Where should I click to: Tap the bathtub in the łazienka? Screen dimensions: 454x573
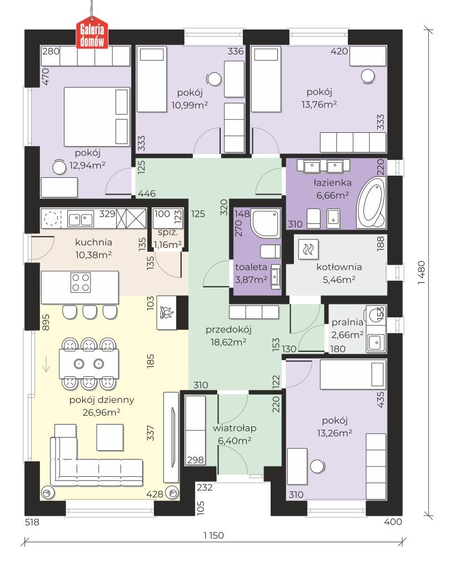[x=371, y=202]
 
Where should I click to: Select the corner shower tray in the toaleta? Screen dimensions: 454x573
[x=265, y=223]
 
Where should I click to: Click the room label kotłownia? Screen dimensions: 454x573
[x=339, y=267]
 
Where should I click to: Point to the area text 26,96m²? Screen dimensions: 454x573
[x=102, y=412]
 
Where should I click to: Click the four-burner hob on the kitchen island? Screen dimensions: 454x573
[x=81, y=282]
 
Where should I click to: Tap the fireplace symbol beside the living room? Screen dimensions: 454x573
[x=167, y=312]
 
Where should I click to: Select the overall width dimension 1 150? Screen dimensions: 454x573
[x=214, y=535]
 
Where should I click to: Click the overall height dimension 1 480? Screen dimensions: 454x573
[x=421, y=272]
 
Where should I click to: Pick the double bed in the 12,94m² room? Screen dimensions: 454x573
[x=97, y=117]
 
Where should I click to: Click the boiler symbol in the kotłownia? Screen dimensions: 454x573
[x=308, y=249]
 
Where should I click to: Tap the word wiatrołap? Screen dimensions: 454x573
[x=235, y=428]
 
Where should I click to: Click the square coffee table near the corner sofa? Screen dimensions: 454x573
[x=110, y=437]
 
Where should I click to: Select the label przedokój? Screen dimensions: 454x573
[x=228, y=330]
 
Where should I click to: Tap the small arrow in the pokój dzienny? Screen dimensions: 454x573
[x=46, y=364]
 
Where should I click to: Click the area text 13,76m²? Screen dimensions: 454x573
[x=319, y=104]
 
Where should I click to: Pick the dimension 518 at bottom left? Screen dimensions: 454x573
[x=32, y=522]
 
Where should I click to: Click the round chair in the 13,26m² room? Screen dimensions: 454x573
[x=317, y=466]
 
